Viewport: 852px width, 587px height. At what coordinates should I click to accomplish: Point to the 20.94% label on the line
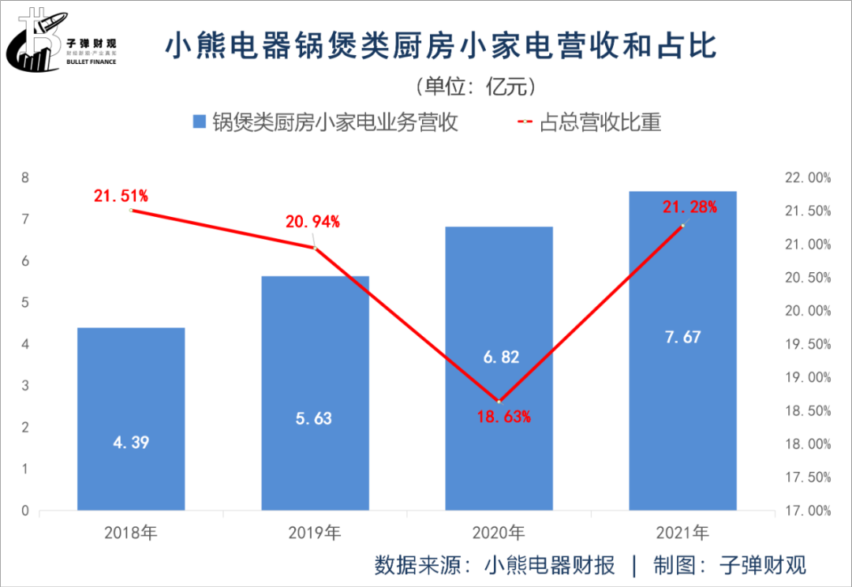pos(312,222)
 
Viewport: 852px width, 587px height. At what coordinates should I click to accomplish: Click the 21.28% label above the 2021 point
pos(689,208)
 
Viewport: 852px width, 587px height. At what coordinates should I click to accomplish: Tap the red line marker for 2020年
pos(499,402)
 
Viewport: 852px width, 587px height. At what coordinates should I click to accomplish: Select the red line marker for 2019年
pos(315,249)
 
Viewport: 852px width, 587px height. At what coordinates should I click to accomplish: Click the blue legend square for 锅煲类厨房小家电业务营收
pos(200,123)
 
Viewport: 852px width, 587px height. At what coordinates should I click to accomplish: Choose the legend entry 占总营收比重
pos(600,123)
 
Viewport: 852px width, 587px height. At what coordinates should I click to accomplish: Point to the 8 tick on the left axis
pos(24,178)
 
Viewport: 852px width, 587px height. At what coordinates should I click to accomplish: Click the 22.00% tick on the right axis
pos(809,178)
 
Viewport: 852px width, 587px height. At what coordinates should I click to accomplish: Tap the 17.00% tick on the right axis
pos(809,510)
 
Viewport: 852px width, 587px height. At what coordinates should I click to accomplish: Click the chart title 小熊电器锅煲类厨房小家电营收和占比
pos(441,47)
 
